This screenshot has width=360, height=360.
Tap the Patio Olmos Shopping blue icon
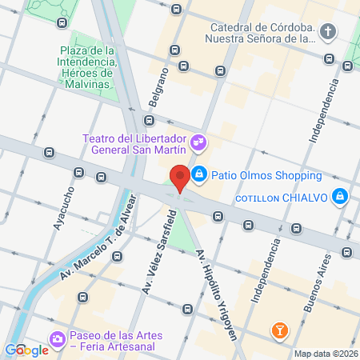pyautogui.click(x=200, y=174)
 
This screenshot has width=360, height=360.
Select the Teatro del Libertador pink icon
pyautogui.click(x=199, y=143)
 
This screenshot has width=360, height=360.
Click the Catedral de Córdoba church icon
pyautogui.click(x=328, y=33)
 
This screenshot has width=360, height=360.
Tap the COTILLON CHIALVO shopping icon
pyautogui.click(x=340, y=196)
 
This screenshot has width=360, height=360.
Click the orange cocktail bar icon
pyautogui.click(x=279, y=330)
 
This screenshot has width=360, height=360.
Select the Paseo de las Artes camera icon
pyautogui.click(x=57, y=340)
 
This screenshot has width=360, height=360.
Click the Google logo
pyautogui.click(x=26, y=350)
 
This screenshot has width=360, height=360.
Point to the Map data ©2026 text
pyautogui.click(x=325, y=354)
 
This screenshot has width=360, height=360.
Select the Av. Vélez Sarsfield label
pyautogui.click(x=158, y=252)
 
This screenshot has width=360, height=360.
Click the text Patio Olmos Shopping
pyautogui.click(x=267, y=175)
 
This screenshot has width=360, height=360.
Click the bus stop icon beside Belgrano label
pyautogui.click(x=149, y=121)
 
